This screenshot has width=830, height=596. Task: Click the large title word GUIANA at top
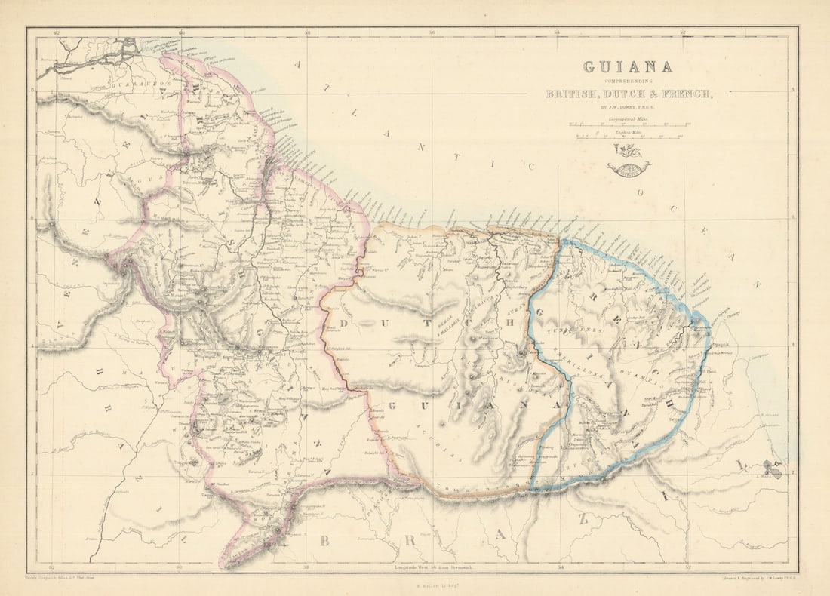click(628, 67)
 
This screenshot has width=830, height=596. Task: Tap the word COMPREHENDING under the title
click(628, 81)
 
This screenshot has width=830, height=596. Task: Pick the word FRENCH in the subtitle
click(683, 94)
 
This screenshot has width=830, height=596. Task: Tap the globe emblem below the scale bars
click(629, 167)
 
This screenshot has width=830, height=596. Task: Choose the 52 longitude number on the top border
click(682, 32)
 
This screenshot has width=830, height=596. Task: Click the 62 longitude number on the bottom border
click(51, 567)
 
